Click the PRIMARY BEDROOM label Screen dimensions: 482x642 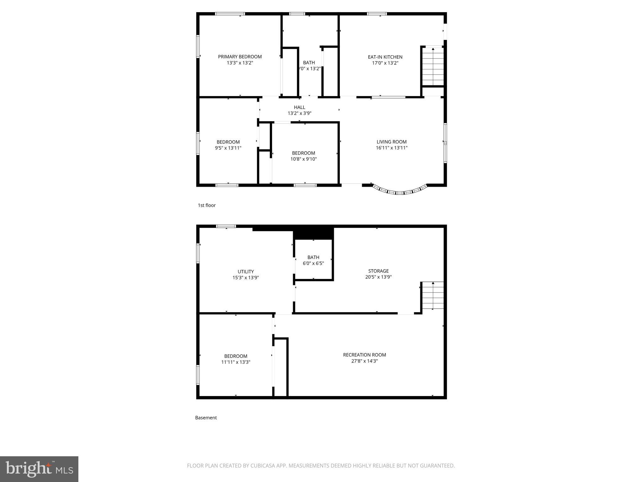[x=240, y=57]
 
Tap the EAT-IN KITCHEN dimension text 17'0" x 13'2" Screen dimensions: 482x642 [x=385, y=63]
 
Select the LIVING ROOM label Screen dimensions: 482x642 [x=392, y=142]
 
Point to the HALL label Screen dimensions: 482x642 [x=299, y=107]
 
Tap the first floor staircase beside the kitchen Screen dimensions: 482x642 [x=433, y=67]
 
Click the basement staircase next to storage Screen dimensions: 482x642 [x=433, y=296]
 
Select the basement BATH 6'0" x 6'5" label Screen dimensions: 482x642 [x=313, y=260]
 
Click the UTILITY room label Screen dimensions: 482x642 [x=245, y=272]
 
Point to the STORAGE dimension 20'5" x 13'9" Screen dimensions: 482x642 [x=378, y=277]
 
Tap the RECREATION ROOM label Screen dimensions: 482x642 [x=364, y=355]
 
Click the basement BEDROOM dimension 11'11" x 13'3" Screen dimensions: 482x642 [x=236, y=362]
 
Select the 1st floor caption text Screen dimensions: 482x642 [x=207, y=205]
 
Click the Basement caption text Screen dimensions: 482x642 [x=206, y=418]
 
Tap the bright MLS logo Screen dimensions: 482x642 [x=39, y=469]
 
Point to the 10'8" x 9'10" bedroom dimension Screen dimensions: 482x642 [x=303, y=159]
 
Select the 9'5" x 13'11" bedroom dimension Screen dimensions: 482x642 [x=228, y=148]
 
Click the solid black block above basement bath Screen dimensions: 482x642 [x=313, y=233]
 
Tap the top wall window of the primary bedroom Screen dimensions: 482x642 [x=230, y=14]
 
